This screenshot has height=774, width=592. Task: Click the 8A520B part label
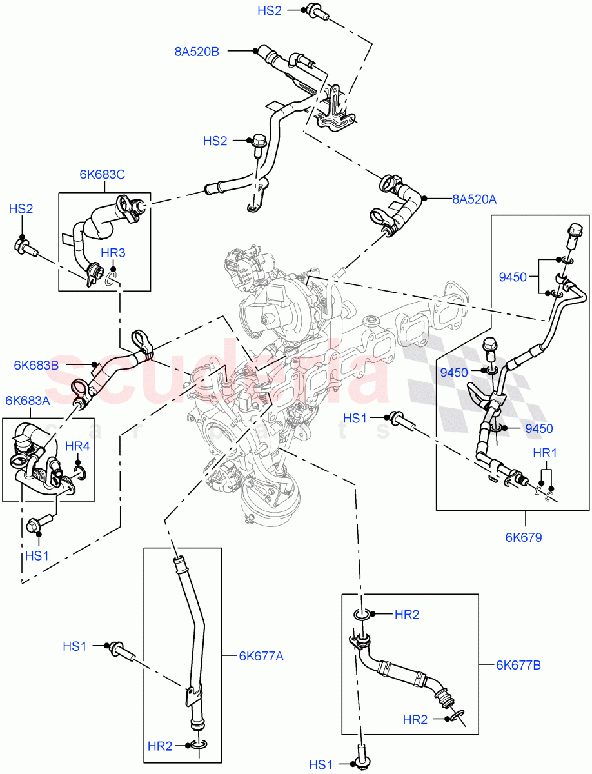click(197, 52)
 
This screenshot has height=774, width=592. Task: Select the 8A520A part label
click(474, 200)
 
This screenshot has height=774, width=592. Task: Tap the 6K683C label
click(102, 174)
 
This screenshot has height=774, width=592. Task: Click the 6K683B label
click(36, 365)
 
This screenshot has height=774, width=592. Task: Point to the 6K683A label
click(27, 401)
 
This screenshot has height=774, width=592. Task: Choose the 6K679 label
click(523, 537)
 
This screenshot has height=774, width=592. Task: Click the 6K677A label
click(261, 657)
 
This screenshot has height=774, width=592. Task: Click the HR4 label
click(77, 446)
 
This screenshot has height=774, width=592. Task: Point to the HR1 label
click(545, 453)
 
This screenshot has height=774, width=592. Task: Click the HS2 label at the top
click(270, 11)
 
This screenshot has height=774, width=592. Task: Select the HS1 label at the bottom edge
click(321, 765)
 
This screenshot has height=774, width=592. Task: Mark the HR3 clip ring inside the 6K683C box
click(111, 278)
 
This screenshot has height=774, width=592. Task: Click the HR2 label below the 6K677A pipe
click(159, 746)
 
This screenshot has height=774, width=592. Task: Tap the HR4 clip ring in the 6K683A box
click(80, 475)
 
